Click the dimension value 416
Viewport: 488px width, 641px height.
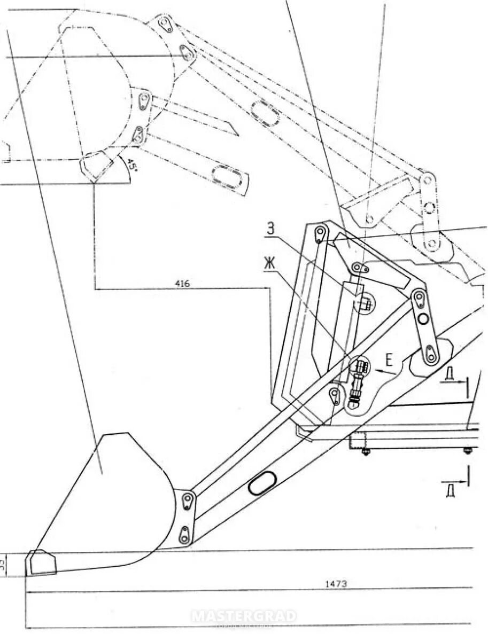tap(182, 284)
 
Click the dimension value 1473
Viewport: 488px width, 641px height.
tap(336, 584)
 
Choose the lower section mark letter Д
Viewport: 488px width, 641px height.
tap(450, 489)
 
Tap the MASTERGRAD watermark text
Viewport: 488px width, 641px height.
tap(244, 616)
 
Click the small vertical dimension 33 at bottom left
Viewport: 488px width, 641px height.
tap(16, 564)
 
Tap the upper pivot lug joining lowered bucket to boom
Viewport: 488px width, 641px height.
tap(188, 501)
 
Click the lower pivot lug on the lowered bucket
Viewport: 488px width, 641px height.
tap(184, 535)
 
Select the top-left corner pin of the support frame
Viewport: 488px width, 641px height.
tap(320, 233)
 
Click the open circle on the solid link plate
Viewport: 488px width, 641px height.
tap(424, 319)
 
